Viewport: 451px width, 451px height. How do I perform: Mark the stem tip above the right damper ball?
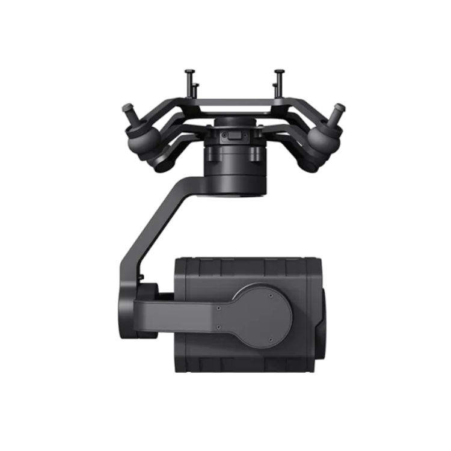point(340,109)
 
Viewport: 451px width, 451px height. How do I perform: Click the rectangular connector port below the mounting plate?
point(232,137)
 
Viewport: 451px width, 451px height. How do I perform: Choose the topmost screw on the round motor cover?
point(271,296)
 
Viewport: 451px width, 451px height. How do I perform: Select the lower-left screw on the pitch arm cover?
point(218,328)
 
